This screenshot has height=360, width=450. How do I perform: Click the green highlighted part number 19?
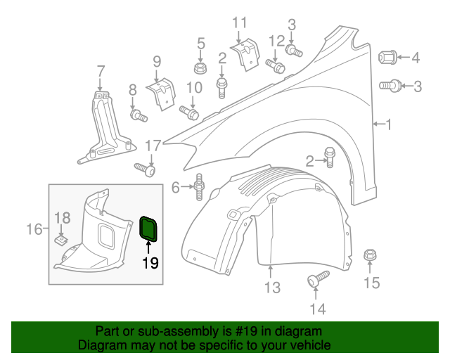click(149, 229)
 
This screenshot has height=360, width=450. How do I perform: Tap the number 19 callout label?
click(150, 264)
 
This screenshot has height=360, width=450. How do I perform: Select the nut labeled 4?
click(387, 56)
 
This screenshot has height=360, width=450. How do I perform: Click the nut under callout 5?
click(200, 68)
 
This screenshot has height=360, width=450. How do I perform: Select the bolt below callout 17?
click(145, 169)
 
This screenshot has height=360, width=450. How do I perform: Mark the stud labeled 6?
click(199, 186)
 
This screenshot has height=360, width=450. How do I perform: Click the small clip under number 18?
click(61, 240)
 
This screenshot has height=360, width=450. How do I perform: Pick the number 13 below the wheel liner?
click(272, 287)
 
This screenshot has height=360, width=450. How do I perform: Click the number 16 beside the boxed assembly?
click(34, 229)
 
